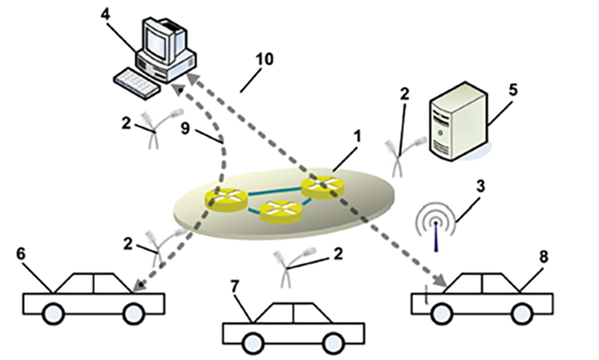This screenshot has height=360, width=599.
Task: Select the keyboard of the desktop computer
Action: pyautogui.click(x=137, y=82)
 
